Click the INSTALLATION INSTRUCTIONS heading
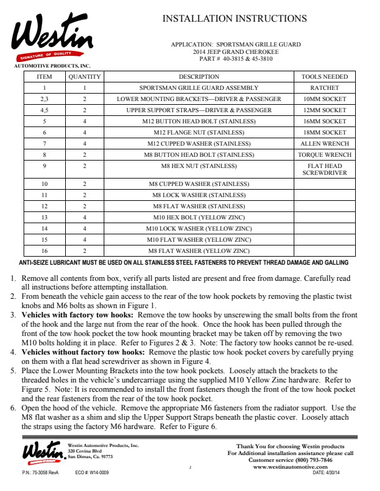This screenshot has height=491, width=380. [234, 19]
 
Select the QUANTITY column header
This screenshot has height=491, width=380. [84, 77]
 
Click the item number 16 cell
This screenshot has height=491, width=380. [45, 250]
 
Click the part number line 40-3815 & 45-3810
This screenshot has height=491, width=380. [235, 59]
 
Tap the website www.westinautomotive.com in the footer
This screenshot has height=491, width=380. [294, 467]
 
